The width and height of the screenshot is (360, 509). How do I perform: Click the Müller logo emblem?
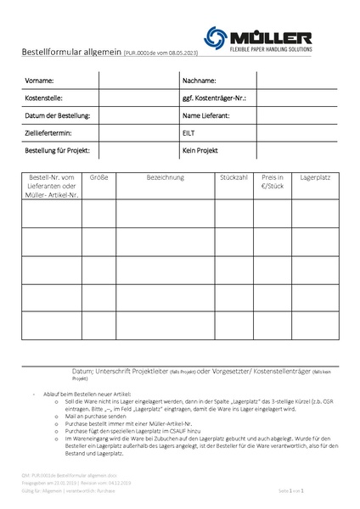click(217, 36)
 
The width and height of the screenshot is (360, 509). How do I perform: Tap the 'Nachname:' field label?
click(200, 81)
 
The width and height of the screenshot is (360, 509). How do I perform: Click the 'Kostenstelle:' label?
click(46, 98)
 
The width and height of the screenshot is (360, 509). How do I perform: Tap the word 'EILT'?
click(188, 133)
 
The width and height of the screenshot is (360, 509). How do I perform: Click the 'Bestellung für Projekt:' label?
click(58, 151)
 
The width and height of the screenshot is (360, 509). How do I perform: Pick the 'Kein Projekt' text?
click(200, 151)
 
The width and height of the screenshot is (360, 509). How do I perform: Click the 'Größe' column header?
click(98, 179)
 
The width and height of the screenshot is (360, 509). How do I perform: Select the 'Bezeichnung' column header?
click(166, 179)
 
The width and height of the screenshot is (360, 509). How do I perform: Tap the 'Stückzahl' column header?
click(233, 179)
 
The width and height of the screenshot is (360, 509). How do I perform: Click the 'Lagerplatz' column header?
click(314, 179)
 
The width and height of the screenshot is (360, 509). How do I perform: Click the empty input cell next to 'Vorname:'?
click(136, 81)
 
